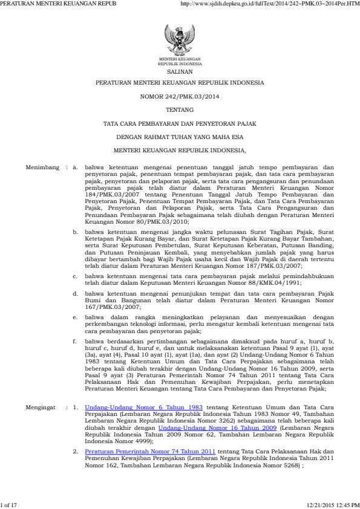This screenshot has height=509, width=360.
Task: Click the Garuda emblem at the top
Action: click(x=180, y=39)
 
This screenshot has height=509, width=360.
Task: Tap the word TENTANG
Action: click(x=180, y=110)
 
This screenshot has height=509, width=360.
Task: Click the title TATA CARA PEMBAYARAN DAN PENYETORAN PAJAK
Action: click(x=180, y=123)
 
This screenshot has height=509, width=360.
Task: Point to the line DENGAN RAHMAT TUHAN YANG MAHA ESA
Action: click(x=180, y=137)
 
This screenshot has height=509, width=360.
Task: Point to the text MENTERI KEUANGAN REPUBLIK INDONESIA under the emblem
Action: click(x=180, y=61)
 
